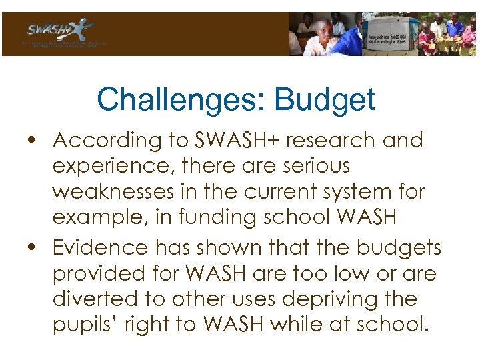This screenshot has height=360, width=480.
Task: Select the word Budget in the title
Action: pyautogui.click(x=324, y=100)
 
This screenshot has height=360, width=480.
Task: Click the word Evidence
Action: pyautogui.click(x=101, y=247)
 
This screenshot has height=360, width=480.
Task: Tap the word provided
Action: pyautogui.click(x=100, y=273)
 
